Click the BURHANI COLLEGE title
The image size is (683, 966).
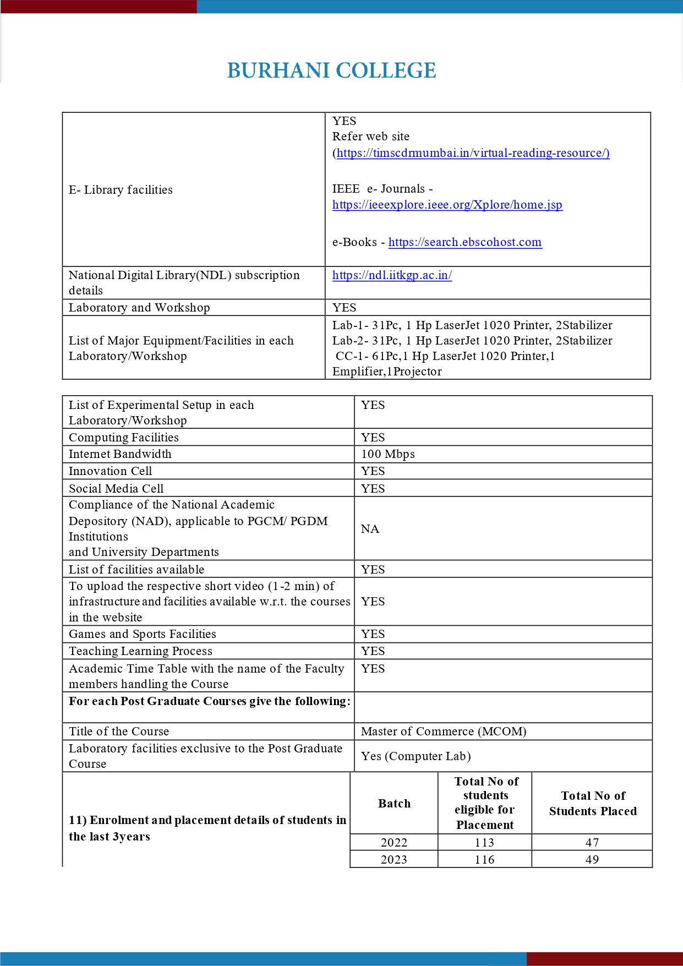(x=331, y=71)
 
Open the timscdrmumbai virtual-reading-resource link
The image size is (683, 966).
(x=473, y=153)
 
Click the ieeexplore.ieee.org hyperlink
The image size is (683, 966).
(x=447, y=205)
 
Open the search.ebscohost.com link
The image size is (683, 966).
(x=465, y=242)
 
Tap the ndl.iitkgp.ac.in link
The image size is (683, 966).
(x=392, y=275)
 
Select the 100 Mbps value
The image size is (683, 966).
(x=387, y=454)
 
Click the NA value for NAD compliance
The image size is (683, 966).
(x=370, y=529)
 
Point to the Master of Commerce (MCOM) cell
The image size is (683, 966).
(x=443, y=732)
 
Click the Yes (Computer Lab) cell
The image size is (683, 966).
(x=416, y=756)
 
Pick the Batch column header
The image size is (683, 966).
(x=394, y=804)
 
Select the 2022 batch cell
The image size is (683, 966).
(x=394, y=843)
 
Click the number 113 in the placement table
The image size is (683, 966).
(x=484, y=843)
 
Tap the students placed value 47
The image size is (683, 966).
(x=592, y=843)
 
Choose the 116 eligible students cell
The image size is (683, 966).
(x=484, y=860)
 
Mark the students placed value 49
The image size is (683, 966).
(x=592, y=860)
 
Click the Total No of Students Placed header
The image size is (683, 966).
(x=593, y=804)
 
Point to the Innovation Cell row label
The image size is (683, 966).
(x=110, y=471)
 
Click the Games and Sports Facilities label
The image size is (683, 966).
(x=142, y=634)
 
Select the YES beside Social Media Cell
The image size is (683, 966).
(x=373, y=489)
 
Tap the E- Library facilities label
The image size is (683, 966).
(x=121, y=190)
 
